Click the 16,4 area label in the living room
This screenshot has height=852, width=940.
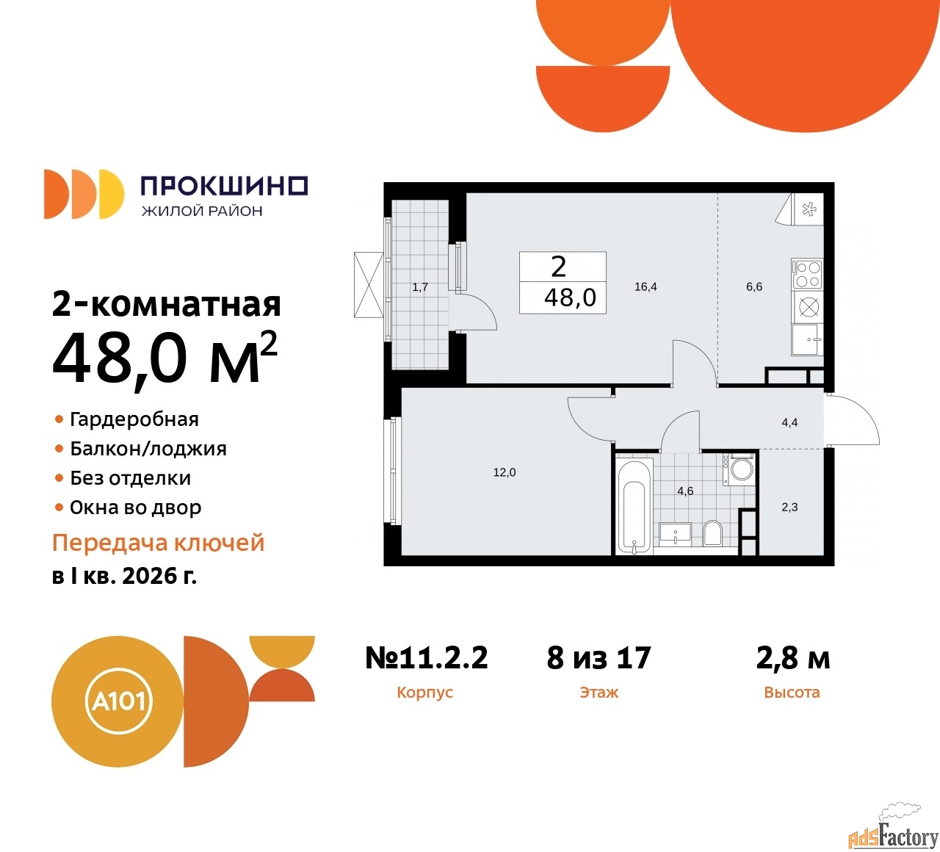pos(646,286)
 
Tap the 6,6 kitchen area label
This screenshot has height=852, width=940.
pos(754,286)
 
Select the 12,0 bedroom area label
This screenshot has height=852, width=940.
pos(505,472)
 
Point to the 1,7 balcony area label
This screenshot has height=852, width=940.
pos(420,287)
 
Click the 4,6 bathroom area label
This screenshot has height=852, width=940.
pos(685,491)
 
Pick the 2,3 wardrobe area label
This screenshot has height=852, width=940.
pos(789,507)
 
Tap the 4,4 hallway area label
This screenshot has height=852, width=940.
pos(789,423)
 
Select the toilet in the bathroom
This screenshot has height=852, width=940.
pos(713,532)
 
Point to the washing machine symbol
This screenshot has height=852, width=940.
pos(739,469)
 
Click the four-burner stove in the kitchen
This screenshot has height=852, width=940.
pos(807,274)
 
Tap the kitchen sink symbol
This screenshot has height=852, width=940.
pos(807,339)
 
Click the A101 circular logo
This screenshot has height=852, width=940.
pos(117,701)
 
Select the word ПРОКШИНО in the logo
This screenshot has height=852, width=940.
pos(225,186)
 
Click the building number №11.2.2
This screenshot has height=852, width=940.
pos(427,657)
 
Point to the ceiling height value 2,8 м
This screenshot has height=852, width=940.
pos(793,658)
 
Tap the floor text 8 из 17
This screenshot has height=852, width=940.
pos(599,657)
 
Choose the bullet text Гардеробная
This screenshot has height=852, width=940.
pos(134,419)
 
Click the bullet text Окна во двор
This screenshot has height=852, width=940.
pos(135,508)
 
